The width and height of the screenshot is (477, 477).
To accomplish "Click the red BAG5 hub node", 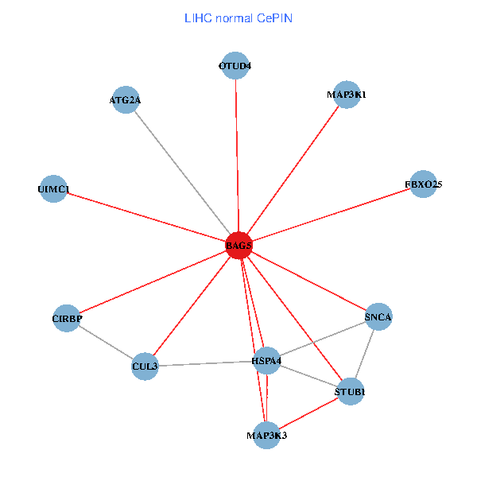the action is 238,246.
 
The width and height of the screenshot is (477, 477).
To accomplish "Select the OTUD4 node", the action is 235,66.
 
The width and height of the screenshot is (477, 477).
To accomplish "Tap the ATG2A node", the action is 126,100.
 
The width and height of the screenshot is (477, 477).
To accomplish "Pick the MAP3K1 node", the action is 347,95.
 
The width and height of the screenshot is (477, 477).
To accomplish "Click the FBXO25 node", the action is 423,184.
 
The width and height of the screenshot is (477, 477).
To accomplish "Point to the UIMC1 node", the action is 53,189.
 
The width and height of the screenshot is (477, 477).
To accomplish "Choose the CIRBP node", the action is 68,319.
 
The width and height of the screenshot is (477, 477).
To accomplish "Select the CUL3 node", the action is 145,366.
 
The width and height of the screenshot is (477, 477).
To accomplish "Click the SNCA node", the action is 378,317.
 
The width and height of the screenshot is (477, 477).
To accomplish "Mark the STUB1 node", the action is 350,392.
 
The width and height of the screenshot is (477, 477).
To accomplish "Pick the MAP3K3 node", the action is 266,435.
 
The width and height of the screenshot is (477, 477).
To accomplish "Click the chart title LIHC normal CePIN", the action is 238,17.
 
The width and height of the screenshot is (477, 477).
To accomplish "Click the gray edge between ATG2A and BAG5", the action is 182,173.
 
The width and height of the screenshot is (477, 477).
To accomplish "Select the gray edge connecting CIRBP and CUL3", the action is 106,343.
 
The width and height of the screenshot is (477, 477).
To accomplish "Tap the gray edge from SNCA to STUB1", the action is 364,355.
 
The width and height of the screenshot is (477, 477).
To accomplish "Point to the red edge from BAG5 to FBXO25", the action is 331,215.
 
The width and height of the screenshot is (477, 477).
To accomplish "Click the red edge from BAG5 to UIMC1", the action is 145,217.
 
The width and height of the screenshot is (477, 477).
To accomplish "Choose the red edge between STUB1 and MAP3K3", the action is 308,413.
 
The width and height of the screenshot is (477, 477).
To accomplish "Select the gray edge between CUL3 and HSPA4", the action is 206,364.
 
